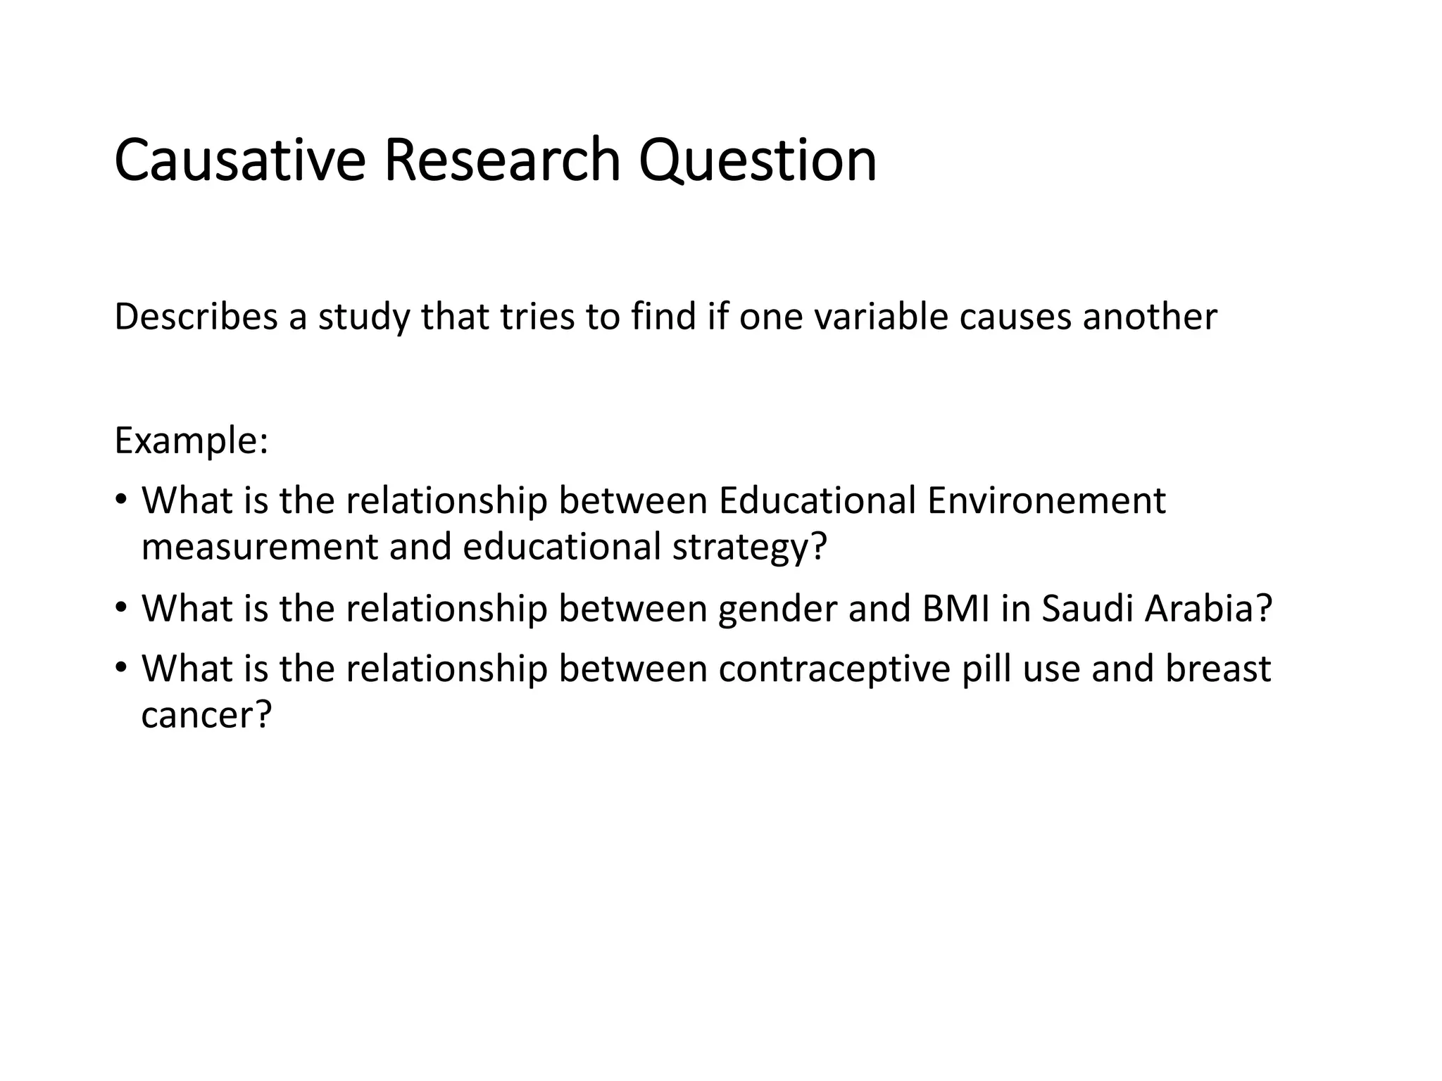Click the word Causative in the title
[239, 160]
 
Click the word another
[1149, 317]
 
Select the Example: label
[191, 441]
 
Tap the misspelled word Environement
[1046, 501]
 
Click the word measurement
[260, 548]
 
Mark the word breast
[1217, 669]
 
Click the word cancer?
[206, 716]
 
